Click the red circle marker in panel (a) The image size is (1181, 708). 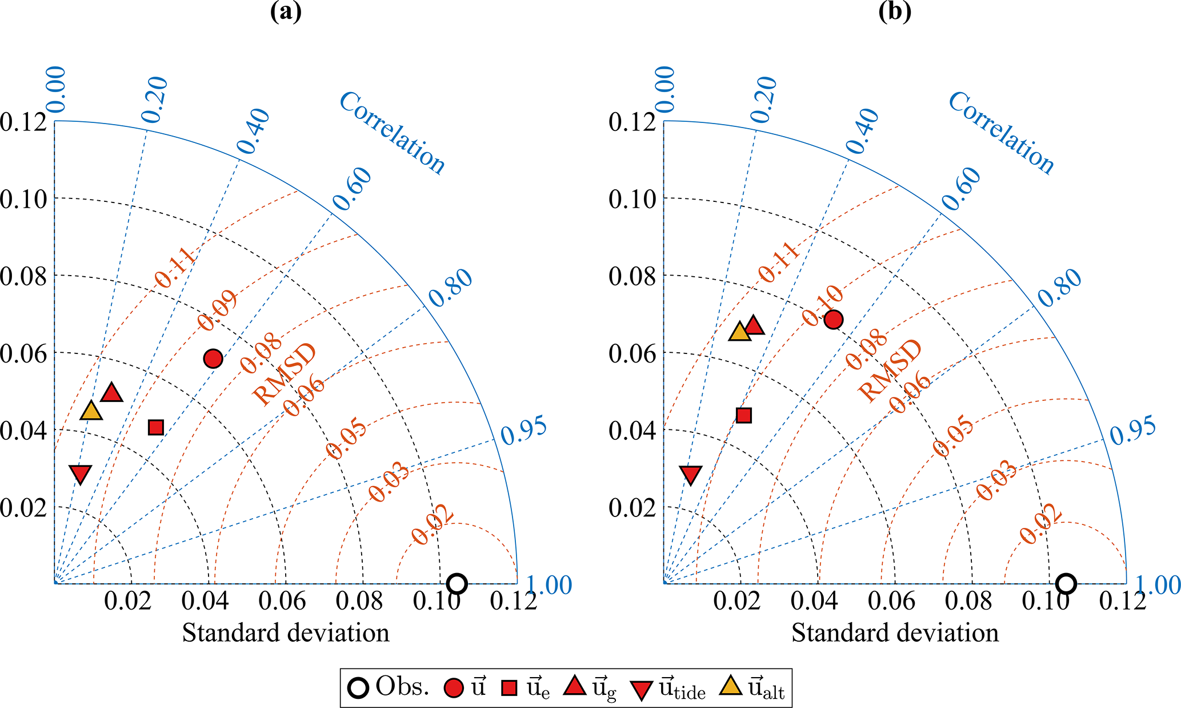pyautogui.click(x=213, y=359)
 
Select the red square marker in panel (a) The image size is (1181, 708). pyautogui.click(x=156, y=427)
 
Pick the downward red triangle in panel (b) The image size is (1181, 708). pyautogui.click(x=691, y=474)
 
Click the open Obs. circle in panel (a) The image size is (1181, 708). pyautogui.click(x=457, y=583)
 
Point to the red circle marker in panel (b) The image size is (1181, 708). pyautogui.click(x=833, y=320)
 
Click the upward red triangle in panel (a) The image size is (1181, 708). pyautogui.click(x=111, y=393)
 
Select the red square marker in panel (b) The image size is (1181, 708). pyautogui.click(x=743, y=415)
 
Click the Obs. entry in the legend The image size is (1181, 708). pyautogui.click(x=389, y=688)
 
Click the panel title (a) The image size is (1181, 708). pyautogui.click(x=286, y=11)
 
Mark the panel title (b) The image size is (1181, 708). pyautogui.click(x=895, y=11)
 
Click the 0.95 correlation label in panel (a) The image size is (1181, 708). pyautogui.click(x=524, y=431)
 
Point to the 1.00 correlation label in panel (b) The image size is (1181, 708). pyautogui.click(x=1157, y=585)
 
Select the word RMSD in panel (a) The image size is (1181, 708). pyautogui.click(x=284, y=374)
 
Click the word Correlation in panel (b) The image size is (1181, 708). pyautogui.click(x=1001, y=133)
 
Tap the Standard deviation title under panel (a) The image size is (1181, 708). pyautogui.click(x=286, y=633)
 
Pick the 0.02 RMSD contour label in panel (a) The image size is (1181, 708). pyautogui.click(x=433, y=526)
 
